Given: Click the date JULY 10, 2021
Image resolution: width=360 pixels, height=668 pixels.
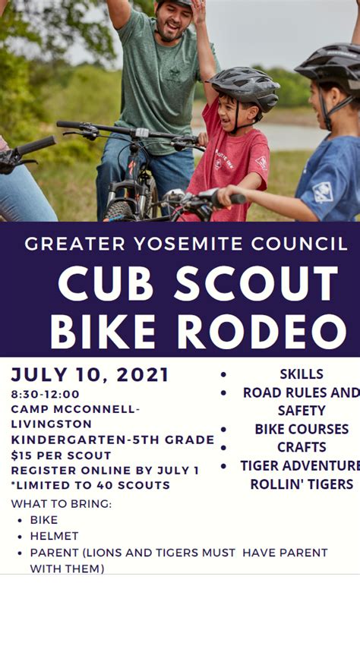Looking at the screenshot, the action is (90, 375).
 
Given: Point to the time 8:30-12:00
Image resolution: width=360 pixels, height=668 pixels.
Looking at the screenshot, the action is (46, 394).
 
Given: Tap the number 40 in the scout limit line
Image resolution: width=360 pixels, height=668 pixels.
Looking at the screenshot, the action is (104, 485).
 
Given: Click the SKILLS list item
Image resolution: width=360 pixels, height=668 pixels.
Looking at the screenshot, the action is (302, 374).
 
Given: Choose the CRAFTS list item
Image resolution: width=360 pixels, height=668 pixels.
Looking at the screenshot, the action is (302, 447).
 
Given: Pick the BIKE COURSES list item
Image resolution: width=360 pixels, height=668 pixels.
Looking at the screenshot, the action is (302, 429).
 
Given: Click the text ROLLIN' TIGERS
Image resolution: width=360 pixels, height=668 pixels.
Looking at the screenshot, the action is (302, 484).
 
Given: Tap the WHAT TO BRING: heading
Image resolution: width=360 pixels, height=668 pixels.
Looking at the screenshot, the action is (62, 504).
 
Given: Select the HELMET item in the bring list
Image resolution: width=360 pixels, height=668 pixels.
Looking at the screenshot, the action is (54, 536).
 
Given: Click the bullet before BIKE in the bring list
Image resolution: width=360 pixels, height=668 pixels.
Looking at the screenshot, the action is (20, 521).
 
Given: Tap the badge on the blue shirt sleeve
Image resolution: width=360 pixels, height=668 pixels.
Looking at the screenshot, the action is (324, 192).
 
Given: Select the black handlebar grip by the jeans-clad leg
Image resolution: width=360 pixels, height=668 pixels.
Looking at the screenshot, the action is (36, 145).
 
